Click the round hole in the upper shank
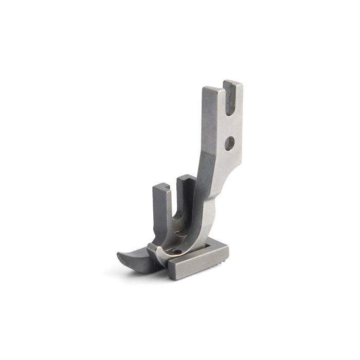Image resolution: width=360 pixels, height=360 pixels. click(x=229, y=143)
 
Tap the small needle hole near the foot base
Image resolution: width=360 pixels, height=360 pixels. click(x=177, y=251)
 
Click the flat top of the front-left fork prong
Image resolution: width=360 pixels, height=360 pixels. click(x=161, y=186)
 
